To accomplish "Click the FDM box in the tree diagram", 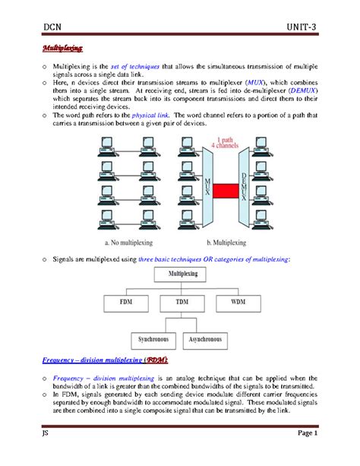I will coord(125,302).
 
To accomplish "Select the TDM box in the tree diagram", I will coord(181,302).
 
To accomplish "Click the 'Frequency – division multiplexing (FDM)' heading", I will coord(105,358).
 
